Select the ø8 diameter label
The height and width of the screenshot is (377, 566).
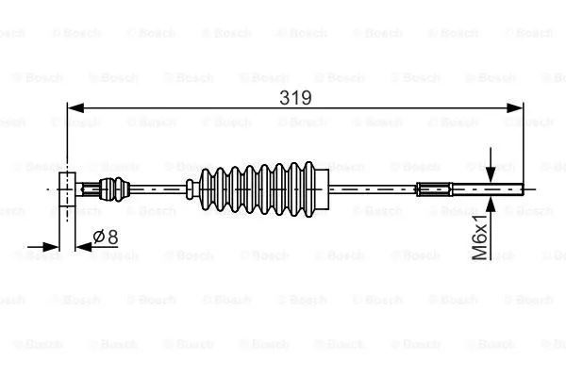(105, 238)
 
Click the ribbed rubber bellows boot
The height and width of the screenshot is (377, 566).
(258, 188)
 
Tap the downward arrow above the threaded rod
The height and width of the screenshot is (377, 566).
(491, 168)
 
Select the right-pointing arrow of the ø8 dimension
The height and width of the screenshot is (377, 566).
(55, 248)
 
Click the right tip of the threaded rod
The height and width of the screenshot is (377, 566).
(521, 188)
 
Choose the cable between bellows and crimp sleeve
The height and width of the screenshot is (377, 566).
(373, 188)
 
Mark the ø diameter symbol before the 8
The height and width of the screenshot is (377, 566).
(98, 238)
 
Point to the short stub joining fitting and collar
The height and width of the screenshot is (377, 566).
(90, 188)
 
